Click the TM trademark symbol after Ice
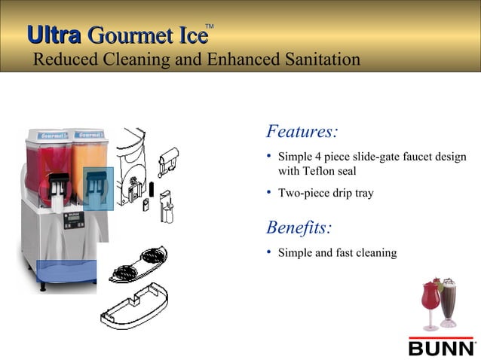[x=210, y=27]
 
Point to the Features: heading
[x=302, y=132]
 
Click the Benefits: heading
[x=299, y=227]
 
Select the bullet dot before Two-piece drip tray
[x=270, y=192]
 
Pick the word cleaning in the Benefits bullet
[x=374, y=252]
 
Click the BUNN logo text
[x=441, y=348]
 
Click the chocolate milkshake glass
[x=449, y=301]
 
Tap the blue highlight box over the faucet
[x=98, y=188]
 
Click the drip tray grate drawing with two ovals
[x=143, y=261]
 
